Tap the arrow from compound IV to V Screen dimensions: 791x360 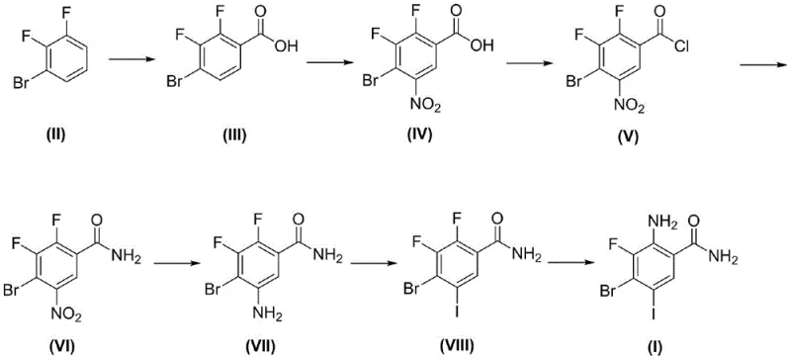click(x=527, y=64)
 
